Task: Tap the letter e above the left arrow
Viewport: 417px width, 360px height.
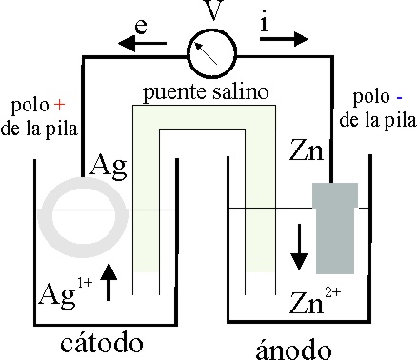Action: click(141, 27)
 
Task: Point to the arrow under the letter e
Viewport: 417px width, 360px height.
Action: click(142, 43)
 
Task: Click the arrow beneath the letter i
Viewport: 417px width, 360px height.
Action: click(284, 39)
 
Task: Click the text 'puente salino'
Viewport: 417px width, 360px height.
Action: click(206, 92)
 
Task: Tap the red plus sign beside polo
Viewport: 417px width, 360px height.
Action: click(59, 105)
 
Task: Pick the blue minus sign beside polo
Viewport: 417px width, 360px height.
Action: click(399, 98)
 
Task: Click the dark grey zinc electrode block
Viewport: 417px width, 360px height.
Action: click(335, 228)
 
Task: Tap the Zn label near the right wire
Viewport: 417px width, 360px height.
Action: click(307, 150)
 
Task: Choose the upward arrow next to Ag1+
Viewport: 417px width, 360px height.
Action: click(109, 282)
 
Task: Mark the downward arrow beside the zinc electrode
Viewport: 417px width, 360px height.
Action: click(299, 247)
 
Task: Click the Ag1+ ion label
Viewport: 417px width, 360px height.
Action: click(66, 293)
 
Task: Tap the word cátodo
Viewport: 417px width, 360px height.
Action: click(102, 343)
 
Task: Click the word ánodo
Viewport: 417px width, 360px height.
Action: click(293, 349)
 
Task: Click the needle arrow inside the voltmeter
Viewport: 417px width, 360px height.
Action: click(206, 54)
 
